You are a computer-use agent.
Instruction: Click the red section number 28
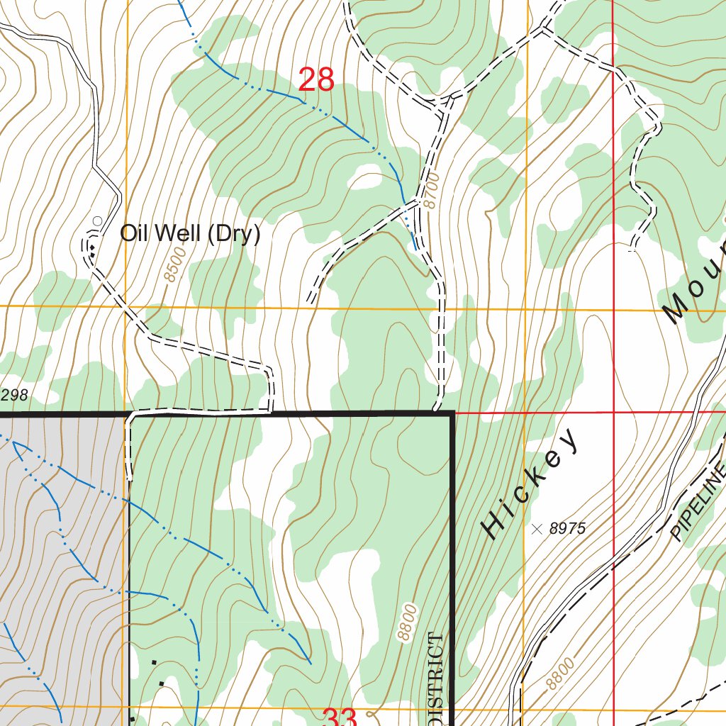pyautogui.click(x=316, y=79)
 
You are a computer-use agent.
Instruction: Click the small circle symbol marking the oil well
pyautogui.click(x=97, y=220)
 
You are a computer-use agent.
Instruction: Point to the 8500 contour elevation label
pyautogui.click(x=171, y=266)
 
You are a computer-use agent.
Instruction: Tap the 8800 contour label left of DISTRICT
pyautogui.click(x=406, y=622)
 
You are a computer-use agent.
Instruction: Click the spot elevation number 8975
pyautogui.click(x=568, y=528)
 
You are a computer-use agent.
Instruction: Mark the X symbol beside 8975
pyautogui.click(x=537, y=528)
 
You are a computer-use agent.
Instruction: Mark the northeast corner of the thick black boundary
pyautogui.click(x=451, y=413)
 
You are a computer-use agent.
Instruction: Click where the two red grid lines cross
pyautogui.click(x=613, y=412)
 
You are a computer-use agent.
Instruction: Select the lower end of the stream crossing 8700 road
pyautogui.click(x=415, y=250)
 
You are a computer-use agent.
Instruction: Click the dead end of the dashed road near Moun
pyautogui.click(x=632, y=250)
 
